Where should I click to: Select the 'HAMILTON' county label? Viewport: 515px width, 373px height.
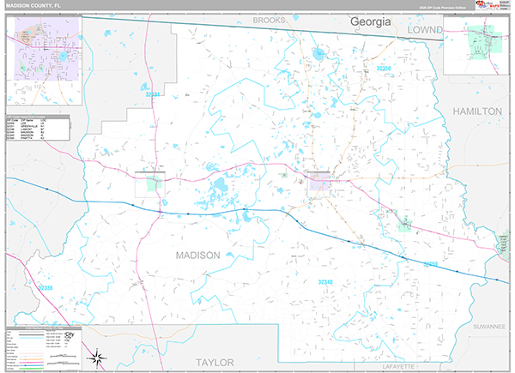pyautogui.click(x=476, y=111)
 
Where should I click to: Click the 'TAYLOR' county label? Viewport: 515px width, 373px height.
pyautogui.click(x=214, y=362)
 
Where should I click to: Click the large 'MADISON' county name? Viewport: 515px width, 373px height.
pyautogui.click(x=197, y=256)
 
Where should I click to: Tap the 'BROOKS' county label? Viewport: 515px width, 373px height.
pyautogui.click(x=269, y=19)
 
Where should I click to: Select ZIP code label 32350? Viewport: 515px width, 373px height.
pyautogui.click(x=385, y=68)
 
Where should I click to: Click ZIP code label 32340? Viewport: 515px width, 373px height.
pyautogui.click(x=325, y=281)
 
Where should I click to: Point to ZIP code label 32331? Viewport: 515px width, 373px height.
pyautogui.click(x=153, y=95)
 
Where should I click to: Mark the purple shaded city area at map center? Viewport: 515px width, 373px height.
pyautogui.click(x=318, y=179)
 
